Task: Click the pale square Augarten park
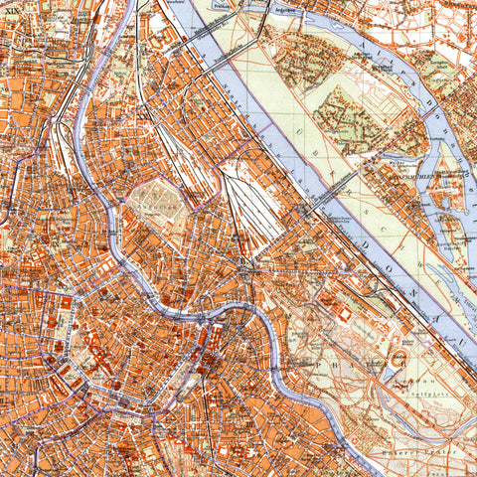pos(157,205)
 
